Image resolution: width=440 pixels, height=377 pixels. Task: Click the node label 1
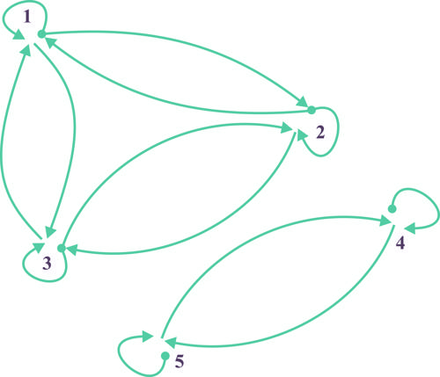pyautogui.click(x=27, y=18)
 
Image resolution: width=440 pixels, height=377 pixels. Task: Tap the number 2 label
pyautogui.click(x=320, y=133)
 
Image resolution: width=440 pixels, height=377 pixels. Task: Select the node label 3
pyautogui.click(x=47, y=264)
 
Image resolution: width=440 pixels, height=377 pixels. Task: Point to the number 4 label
pyautogui.click(x=400, y=243)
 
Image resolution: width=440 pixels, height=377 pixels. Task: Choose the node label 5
pyautogui.click(x=180, y=361)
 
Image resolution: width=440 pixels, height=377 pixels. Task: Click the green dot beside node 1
pyautogui.click(x=42, y=34)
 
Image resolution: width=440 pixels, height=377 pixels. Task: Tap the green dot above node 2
pyautogui.click(x=312, y=110)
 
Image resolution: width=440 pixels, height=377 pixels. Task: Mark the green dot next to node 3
pyautogui.click(x=62, y=249)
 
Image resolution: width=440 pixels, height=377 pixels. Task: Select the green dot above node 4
pyautogui.click(x=392, y=209)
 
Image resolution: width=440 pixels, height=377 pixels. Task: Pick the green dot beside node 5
pyautogui.click(x=165, y=356)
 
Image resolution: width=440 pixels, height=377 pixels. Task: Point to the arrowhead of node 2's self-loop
pyautogui.click(x=303, y=136)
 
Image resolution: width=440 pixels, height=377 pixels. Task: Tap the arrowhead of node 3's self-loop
pyautogui.click(x=39, y=248)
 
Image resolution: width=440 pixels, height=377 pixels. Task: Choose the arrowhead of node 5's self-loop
pyautogui.click(x=148, y=337)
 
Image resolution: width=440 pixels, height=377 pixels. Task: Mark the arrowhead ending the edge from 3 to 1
pyautogui.click(x=26, y=51)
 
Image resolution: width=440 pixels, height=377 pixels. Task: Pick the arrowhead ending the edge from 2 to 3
pyautogui.click(x=71, y=250)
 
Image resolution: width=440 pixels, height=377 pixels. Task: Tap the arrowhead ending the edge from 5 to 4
pyautogui.click(x=386, y=220)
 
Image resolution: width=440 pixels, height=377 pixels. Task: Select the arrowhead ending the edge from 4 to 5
pyautogui.click(x=170, y=342)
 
